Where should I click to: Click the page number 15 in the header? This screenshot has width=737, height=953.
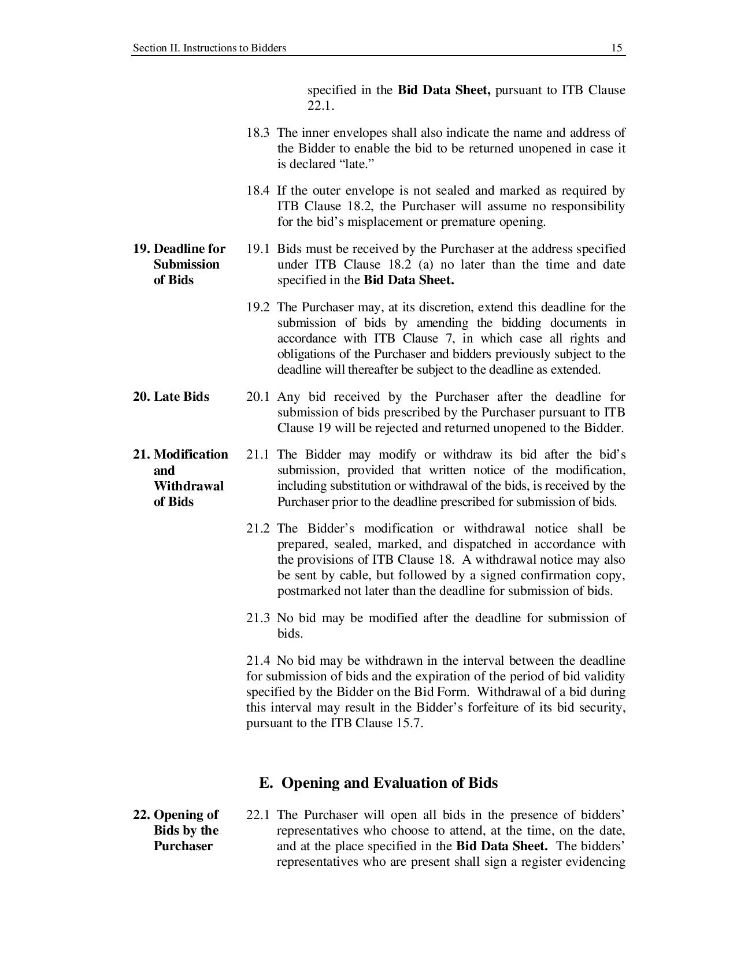click(617, 48)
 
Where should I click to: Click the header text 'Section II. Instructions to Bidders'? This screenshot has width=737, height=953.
click(209, 48)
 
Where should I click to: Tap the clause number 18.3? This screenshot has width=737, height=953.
click(258, 133)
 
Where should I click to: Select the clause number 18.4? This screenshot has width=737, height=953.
click(258, 191)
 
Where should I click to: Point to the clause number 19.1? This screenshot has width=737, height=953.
click(258, 249)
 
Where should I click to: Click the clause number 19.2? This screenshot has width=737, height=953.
click(258, 307)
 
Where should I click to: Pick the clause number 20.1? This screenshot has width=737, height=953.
click(258, 397)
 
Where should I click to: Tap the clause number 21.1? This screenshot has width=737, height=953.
click(258, 455)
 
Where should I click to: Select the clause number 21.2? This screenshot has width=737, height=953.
click(258, 528)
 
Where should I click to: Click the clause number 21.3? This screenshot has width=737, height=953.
click(258, 618)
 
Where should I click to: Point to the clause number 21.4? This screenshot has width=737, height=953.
click(258, 661)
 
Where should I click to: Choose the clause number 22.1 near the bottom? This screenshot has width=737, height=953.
click(258, 815)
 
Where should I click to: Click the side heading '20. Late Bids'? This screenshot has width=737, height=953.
click(171, 397)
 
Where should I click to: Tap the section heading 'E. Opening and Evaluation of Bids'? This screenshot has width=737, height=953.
click(378, 783)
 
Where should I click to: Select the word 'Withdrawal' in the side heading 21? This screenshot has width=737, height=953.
click(188, 486)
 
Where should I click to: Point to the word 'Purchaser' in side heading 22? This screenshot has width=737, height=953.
click(183, 846)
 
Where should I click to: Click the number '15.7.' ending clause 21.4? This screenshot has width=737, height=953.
click(409, 723)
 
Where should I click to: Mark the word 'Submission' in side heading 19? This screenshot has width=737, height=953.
click(187, 265)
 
